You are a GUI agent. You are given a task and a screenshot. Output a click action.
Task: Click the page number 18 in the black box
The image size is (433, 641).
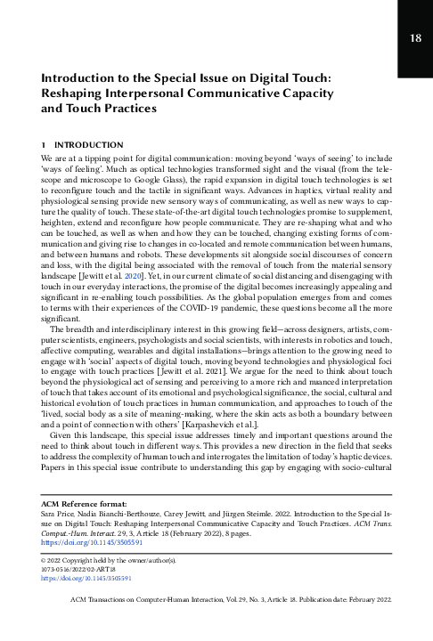coord(415,37)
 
